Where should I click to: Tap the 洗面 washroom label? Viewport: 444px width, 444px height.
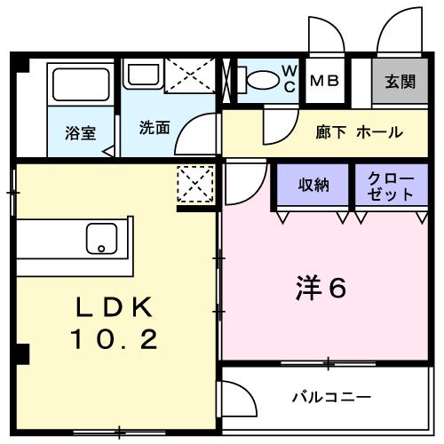154,127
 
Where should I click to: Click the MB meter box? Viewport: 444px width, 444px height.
324,81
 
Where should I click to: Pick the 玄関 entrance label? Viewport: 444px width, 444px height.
400,81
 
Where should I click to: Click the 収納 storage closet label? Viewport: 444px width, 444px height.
313,186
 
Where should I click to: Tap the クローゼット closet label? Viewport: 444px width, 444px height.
392,186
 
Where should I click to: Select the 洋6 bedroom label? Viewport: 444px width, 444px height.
319,289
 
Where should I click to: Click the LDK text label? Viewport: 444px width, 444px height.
115,308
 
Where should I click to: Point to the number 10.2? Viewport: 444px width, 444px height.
115,338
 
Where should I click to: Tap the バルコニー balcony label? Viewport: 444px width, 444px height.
331,396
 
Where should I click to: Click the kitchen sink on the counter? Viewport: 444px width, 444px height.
100,238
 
